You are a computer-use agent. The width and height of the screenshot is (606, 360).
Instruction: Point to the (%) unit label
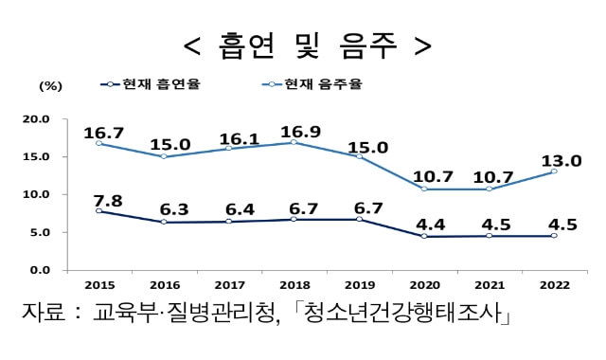coord(50,85)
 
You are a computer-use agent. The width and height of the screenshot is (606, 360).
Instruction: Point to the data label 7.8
coord(107,200)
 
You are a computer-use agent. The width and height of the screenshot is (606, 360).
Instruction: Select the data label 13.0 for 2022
coord(561,160)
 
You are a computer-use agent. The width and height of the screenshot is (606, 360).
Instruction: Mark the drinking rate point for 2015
coord(99,143)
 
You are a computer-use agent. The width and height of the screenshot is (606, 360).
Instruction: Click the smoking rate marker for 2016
coord(164,222)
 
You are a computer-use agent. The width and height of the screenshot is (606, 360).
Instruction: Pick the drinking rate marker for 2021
coord(489,189)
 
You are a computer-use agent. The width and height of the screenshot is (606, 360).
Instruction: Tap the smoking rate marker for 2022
coord(554,236)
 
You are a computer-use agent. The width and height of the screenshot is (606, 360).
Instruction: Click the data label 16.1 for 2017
coord(238,138)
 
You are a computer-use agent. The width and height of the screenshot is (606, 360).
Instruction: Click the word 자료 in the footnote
coord(45,314)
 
